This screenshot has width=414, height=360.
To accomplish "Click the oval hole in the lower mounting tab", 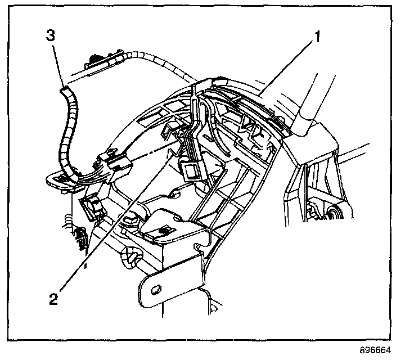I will click(x=156, y=289).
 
